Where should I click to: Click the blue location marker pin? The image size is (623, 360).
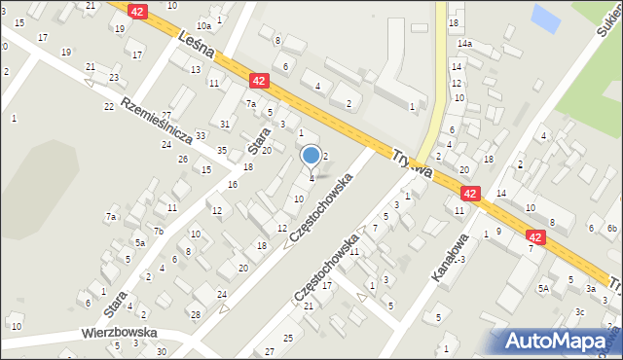(x=311, y=156)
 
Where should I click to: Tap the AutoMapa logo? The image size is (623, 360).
(x=557, y=341)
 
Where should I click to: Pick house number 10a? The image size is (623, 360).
(x=203, y=26)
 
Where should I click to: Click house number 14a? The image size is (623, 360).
(x=465, y=44)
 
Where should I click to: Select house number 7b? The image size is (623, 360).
(x=158, y=231)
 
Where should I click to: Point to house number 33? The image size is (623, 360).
(x=201, y=136)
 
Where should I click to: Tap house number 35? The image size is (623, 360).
(x=222, y=151)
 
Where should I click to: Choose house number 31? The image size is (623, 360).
(x=224, y=124)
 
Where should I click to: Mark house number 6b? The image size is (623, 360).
(x=612, y=229)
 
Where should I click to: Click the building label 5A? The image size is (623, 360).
(x=544, y=288)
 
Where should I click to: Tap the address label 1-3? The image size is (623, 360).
(x=458, y=259)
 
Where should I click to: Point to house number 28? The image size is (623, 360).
(x=195, y=314)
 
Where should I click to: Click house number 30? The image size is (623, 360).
(x=162, y=351)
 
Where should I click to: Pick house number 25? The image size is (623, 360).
(x=287, y=338)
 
